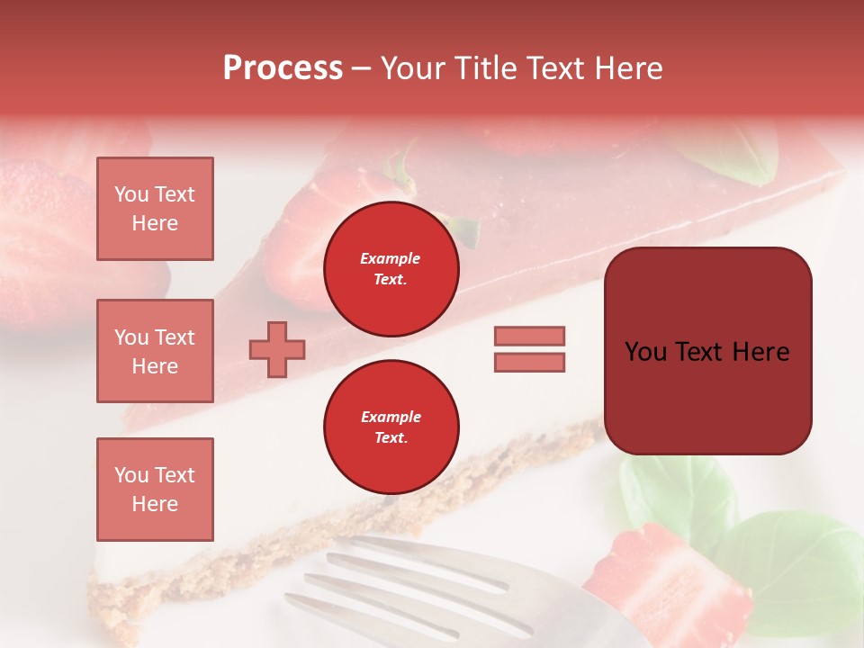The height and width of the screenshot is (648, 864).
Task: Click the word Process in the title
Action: coord(283,68)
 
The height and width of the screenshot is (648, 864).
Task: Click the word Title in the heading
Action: coord(482,68)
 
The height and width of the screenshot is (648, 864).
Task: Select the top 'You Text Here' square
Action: coord(155,209)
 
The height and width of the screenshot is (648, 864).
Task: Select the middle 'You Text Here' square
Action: coord(155,351)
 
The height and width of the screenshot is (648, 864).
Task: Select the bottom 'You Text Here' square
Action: coord(155,489)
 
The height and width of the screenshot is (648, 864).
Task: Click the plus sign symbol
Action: coord(277,349)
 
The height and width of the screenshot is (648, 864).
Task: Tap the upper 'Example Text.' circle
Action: coord(391,269)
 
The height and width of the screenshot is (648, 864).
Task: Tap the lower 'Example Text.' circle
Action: coord(391,427)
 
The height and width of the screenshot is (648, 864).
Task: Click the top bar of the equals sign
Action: coord(529,336)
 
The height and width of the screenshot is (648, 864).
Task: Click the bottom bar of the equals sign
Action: coord(529,363)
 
